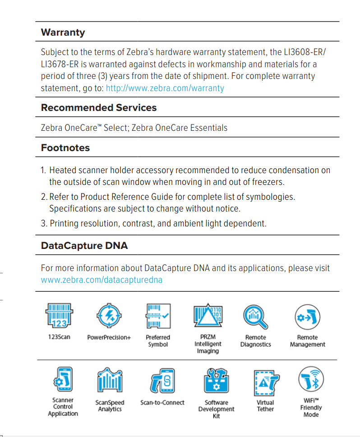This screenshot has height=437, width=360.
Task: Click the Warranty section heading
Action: click(x=63, y=32)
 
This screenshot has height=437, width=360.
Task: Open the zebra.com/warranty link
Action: click(x=165, y=88)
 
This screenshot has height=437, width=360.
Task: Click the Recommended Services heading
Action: click(x=99, y=108)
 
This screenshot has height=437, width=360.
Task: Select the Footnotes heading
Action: click(x=65, y=148)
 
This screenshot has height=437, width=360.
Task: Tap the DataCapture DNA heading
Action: click(x=84, y=246)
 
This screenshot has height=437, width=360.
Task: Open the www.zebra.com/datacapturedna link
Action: click(x=102, y=280)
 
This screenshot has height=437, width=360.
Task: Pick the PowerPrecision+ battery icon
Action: click(x=109, y=316)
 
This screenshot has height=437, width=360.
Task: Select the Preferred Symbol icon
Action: click(x=158, y=316)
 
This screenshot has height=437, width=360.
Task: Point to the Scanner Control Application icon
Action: click(x=63, y=379)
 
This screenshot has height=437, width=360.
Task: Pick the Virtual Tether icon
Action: click(x=265, y=382)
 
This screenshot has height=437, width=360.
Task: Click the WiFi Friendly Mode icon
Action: click(x=311, y=379)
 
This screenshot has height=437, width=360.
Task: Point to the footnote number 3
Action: click(x=44, y=223)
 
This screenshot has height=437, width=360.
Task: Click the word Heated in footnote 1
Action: click(x=62, y=170)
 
